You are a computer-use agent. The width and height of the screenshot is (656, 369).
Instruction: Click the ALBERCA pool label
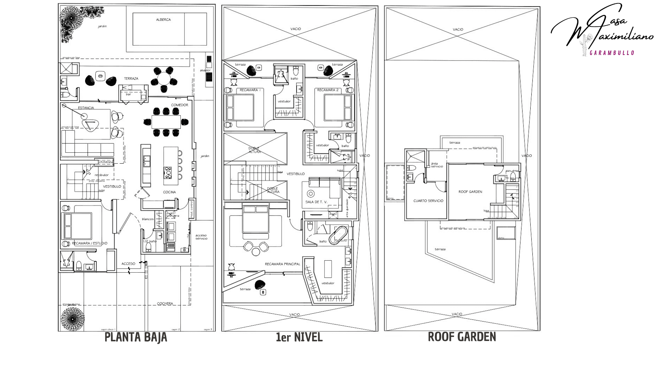[x=163, y=20]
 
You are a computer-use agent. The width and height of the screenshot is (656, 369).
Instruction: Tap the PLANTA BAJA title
[x=136, y=337]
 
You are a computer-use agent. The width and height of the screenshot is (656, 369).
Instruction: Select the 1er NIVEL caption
[x=299, y=338]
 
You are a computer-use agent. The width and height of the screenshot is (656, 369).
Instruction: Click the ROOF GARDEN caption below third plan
[x=462, y=337]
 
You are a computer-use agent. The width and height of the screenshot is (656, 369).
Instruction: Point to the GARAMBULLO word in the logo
[x=612, y=53]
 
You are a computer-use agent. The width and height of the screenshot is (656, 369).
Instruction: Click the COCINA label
[x=169, y=192]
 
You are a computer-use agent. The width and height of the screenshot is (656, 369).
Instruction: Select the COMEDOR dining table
[x=166, y=122]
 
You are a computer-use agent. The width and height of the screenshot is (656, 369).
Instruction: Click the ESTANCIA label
[x=86, y=108]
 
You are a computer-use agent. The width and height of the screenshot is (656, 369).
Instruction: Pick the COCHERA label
[x=165, y=303]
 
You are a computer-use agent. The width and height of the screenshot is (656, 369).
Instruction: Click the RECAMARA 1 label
[x=250, y=90]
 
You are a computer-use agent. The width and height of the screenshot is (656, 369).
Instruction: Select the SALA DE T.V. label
[x=316, y=202]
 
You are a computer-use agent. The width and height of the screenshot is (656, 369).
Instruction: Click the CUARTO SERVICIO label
[x=428, y=201]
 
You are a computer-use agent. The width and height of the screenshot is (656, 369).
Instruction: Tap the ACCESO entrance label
[x=128, y=264]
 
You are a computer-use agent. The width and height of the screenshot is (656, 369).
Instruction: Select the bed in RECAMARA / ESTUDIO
[x=78, y=226]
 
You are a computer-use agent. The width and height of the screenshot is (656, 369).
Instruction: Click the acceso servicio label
[x=201, y=237]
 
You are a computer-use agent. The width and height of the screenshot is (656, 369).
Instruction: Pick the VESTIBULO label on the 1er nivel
[x=295, y=174]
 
